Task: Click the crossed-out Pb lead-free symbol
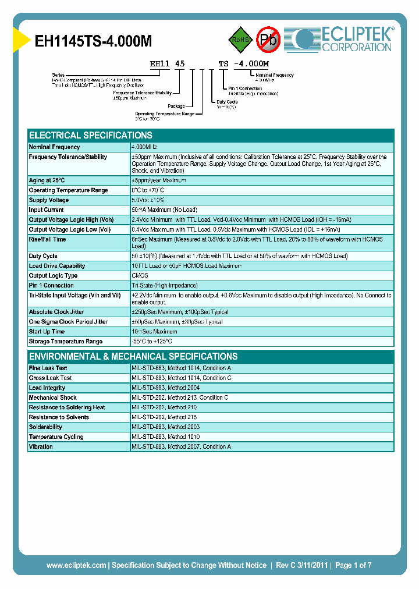coord(269,40)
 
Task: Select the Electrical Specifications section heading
coord(91,135)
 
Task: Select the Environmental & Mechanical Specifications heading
coord(133,356)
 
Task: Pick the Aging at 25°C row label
coord(47,180)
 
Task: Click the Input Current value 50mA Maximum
coord(164,210)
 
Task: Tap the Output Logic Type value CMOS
coord(140,275)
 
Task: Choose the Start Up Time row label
coord(47,331)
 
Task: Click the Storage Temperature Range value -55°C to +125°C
coord(152,341)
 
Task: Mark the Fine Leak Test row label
coord(48,368)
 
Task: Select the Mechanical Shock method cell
coord(180,398)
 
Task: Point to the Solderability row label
coord(46,427)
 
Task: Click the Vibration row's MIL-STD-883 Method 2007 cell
coord(181,446)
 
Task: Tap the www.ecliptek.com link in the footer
coord(76,565)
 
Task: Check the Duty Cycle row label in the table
coord(43,256)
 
